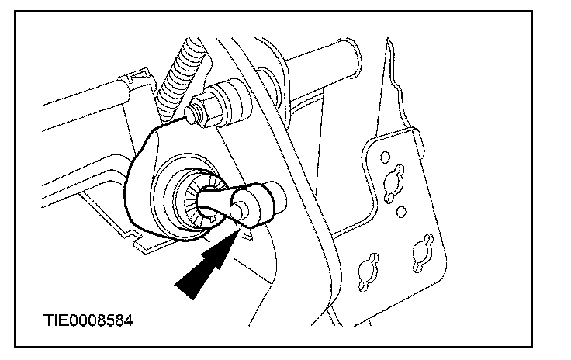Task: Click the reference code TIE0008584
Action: [x=88, y=320]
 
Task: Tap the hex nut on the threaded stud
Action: [x=207, y=109]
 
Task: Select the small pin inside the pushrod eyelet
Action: [x=239, y=211]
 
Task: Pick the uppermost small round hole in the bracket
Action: [x=385, y=157]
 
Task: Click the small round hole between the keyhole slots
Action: [x=400, y=212]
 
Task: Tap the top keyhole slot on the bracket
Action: [x=393, y=182]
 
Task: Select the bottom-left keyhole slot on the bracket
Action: [x=369, y=272]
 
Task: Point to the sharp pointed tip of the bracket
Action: [x=388, y=39]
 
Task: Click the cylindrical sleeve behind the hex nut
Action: [x=233, y=103]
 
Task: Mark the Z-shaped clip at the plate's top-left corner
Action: [x=137, y=76]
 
